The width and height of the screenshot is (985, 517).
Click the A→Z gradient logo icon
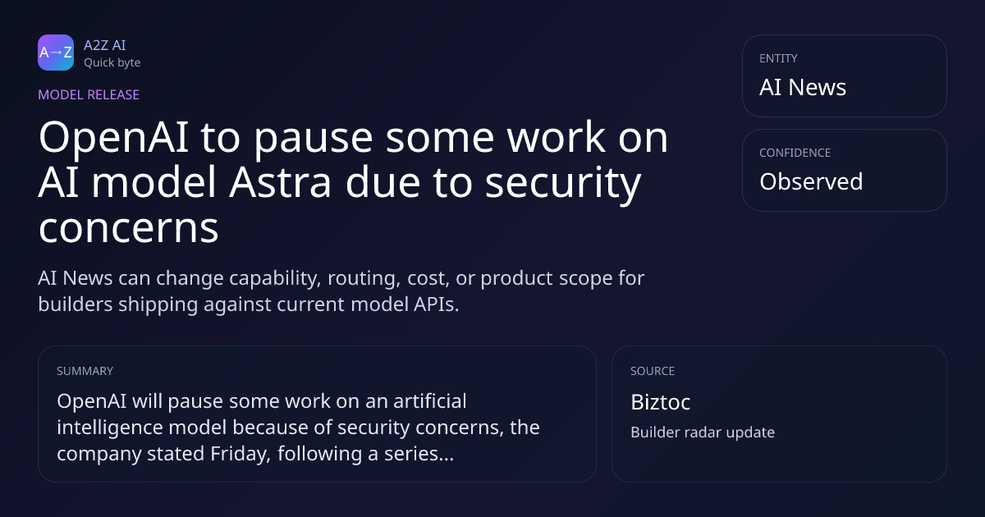tap(56, 53)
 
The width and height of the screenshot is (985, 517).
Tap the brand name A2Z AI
tap(105, 45)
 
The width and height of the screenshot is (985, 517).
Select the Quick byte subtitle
tap(112, 63)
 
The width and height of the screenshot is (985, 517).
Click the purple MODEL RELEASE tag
tap(89, 94)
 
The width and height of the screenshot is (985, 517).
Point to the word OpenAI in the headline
tap(114, 138)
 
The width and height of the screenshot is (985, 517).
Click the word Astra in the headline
tap(280, 182)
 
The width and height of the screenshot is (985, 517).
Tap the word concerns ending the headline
tap(128, 228)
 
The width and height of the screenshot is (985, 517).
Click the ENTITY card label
tap(778, 58)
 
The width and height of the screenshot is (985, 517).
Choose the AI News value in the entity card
tap(803, 87)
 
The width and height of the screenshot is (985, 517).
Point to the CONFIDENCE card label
tap(795, 153)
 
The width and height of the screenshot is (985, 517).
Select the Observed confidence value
tap(811, 181)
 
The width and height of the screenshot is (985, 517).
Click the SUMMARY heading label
tap(85, 371)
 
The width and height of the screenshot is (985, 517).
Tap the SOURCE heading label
tap(653, 371)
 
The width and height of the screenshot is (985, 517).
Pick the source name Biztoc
tap(661, 402)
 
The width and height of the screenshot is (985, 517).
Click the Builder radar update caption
tap(703, 432)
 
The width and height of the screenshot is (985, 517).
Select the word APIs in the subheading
tap(436, 304)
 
